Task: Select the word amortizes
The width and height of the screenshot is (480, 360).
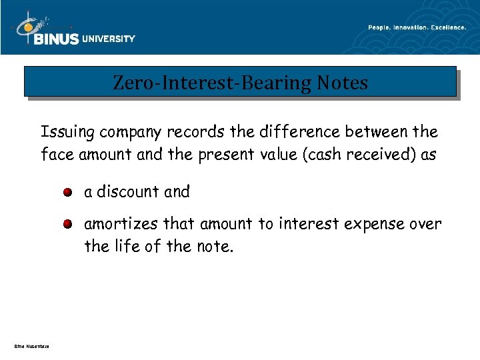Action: pos(119,224)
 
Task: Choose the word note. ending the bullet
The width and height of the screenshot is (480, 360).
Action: pos(215,247)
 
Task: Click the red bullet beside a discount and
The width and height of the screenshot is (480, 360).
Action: pos(69,193)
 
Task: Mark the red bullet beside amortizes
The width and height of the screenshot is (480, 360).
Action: pos(69,225)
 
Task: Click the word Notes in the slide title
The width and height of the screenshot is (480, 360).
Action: pos(343,83)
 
